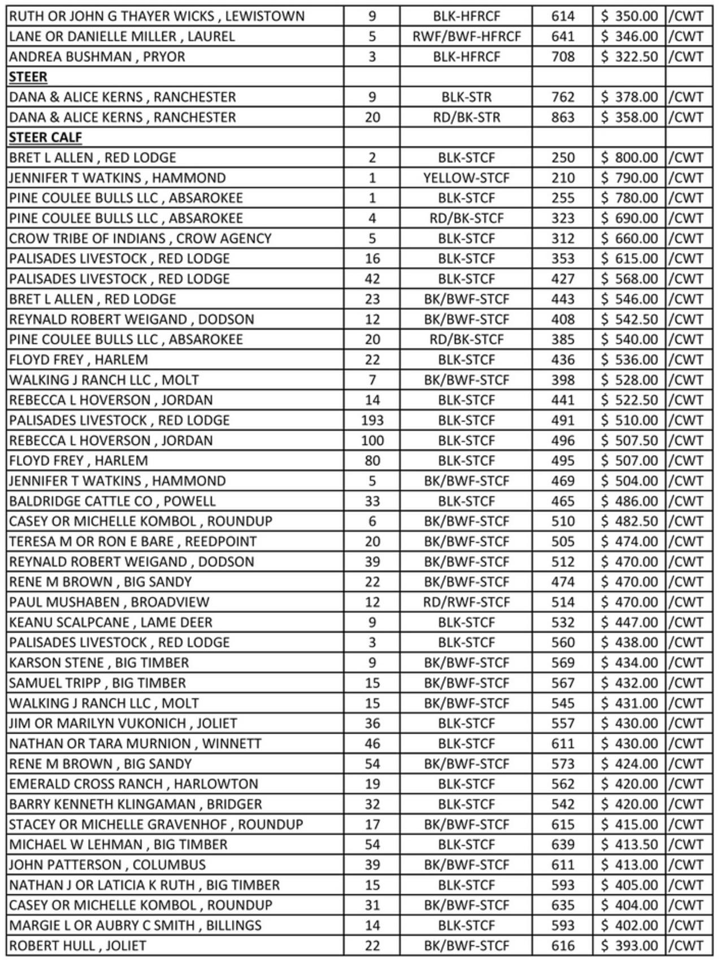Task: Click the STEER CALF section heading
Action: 45,137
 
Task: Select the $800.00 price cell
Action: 629,158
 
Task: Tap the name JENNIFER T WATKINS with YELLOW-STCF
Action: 118,178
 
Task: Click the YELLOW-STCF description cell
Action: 466,178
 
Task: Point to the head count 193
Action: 372,421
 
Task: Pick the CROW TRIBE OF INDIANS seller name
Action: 140,239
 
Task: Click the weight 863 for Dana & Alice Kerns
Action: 563,118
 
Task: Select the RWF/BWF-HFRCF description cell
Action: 466,37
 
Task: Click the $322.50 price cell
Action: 629,57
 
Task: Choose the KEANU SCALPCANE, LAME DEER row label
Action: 111,622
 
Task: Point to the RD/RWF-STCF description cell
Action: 466,602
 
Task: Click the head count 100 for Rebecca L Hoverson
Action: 372,440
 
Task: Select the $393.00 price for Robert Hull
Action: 629,946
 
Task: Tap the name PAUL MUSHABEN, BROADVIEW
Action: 109,602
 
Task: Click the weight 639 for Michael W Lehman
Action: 563,845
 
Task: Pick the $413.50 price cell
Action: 629,845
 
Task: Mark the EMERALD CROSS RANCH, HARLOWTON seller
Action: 133,784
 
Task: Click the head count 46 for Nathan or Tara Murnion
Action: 372,743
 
